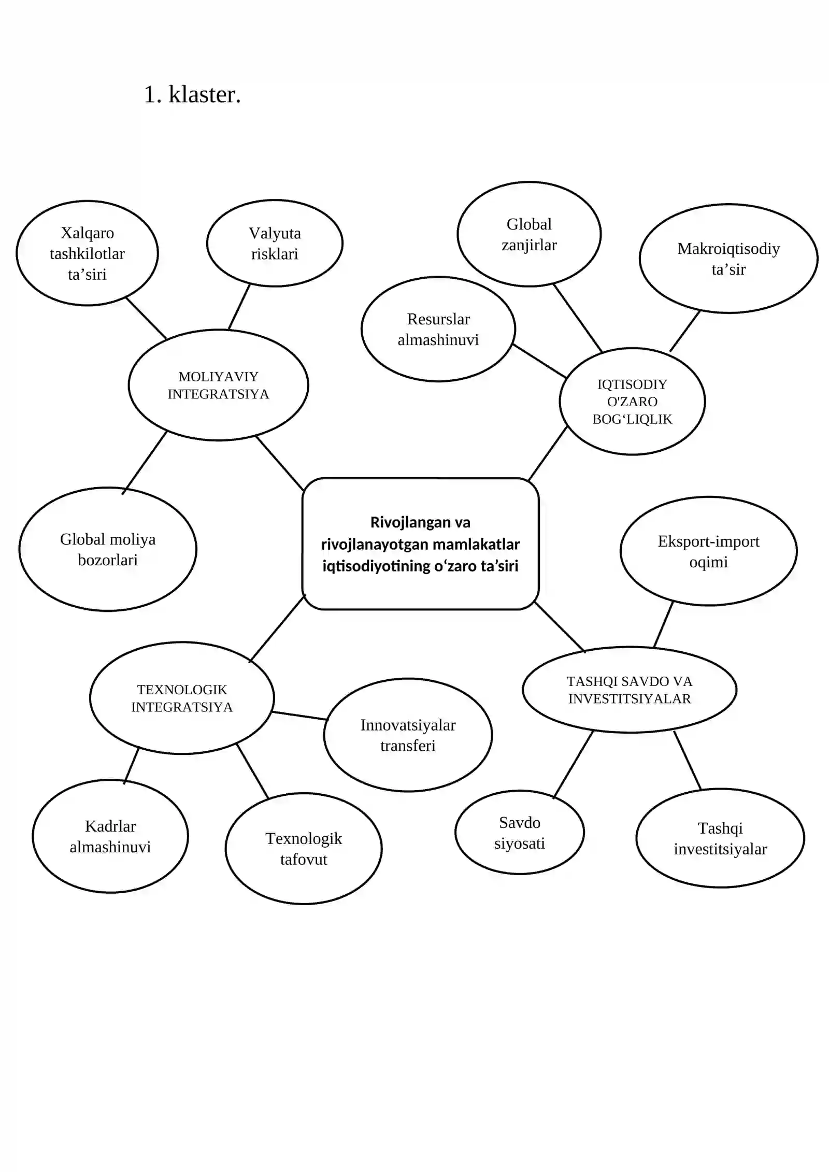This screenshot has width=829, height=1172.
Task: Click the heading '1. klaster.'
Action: click(x=192, y=95)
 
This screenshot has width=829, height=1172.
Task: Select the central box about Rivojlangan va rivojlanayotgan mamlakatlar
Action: click(x=420, y=544)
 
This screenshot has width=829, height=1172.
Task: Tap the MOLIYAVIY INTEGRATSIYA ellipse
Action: click(x=218, y=385)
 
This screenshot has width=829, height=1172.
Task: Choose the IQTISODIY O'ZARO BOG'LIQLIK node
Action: click(x=632, y=402)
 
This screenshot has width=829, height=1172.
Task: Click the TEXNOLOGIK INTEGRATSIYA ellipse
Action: click(x=182, y=698)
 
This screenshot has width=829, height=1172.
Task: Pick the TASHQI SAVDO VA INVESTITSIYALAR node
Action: click(x=630, y=690)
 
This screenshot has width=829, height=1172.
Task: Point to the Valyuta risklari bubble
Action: click(x=275, y=243)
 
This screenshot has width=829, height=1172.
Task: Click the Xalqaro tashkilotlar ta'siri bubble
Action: click(x=87, y=253)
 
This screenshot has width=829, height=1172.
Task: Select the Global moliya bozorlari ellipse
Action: click(x=108, y=549)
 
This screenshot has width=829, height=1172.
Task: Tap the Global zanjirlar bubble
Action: click(x=529, y=234)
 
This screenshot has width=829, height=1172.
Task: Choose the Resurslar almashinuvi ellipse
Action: click(x=438, y=329)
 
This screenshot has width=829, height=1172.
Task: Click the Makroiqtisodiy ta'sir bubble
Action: click(x=728, y=259)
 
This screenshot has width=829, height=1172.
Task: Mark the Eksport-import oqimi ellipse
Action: click(x=708, y=551)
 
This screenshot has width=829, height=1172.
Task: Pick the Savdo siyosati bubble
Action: click(x=520, y=833)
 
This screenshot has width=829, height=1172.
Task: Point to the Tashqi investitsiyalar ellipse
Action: click(x=720, y=838)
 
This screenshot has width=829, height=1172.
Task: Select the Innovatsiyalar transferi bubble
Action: click(x=408, y=735)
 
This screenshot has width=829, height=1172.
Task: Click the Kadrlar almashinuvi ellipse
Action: click(x=110, y=836)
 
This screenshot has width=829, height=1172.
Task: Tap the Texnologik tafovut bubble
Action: click(x=304, y=849)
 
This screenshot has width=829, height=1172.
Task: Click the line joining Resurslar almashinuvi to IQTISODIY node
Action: click(x=539, y=361)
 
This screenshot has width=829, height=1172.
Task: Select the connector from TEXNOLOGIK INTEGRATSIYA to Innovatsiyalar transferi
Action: click(x=300, y=716)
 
